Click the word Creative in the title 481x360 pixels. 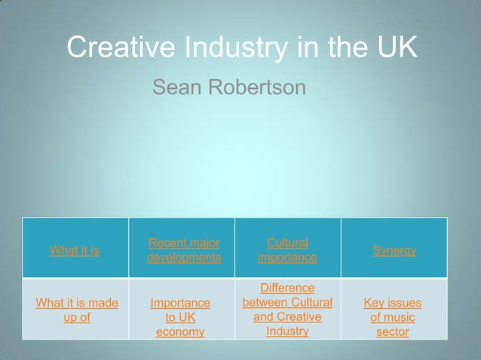(x=119, y=48)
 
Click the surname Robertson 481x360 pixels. (x=256, y=88)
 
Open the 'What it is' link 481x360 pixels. (x=75, y=250)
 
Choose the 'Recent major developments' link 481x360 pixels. (x=184, y=250)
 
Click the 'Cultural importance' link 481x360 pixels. (x=287, y=250)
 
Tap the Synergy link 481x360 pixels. (x=394, y=250)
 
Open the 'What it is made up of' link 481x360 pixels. (x=77, y=310)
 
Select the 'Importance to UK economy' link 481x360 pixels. (x=180, y=317)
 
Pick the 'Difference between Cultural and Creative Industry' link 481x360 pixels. (x=287, y=310)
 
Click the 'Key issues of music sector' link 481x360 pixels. (x=393, y=317)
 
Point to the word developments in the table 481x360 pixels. (x=184, y=258)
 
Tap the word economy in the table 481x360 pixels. (x=180, y=332)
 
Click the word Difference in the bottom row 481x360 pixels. (x=287, y=288)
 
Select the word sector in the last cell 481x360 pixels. (x=393, y=332)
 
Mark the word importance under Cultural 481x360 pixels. (x=287, y=258)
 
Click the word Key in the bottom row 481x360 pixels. (x=375, y=303)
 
